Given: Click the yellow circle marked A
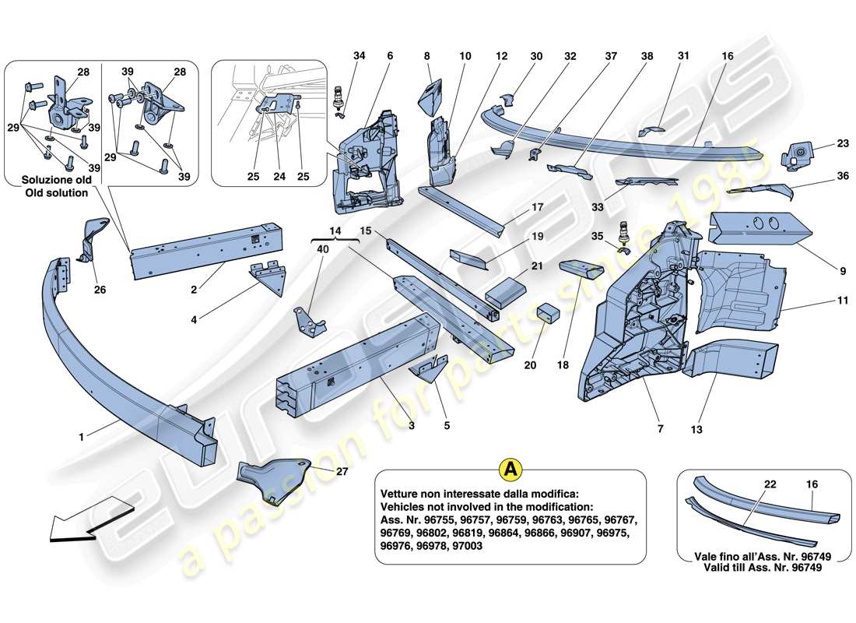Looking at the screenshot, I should (510, 470).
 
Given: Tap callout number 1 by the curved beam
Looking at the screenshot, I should (80, 437).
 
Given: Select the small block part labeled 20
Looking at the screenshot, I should (550, 313).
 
